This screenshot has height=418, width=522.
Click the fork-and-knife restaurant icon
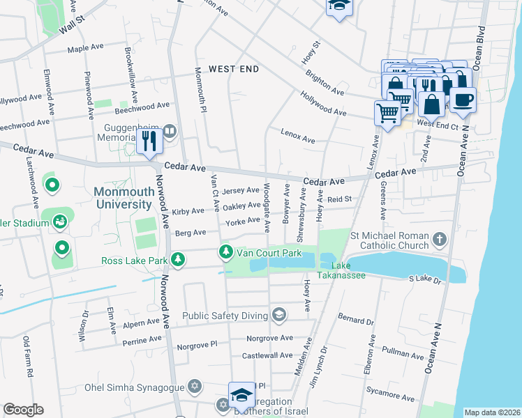click(x=150, y=142)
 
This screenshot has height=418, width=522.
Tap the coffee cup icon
click(x=462, y=99)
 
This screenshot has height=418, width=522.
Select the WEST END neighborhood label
click(x=234, y=69)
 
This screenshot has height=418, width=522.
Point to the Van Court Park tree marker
click(x=225, y=251)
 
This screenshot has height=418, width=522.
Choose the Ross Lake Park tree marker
click(x=179, y=260)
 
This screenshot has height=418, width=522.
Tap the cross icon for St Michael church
click(x=439, y=239)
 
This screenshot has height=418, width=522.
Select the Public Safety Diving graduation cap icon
click(x=279, y=316)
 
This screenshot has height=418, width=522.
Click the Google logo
click(x=23, y=410)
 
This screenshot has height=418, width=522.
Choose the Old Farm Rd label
click(x=28, y=357)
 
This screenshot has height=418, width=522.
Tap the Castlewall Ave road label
click(x=267, y=355)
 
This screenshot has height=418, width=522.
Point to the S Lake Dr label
click(x=426, y=279)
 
